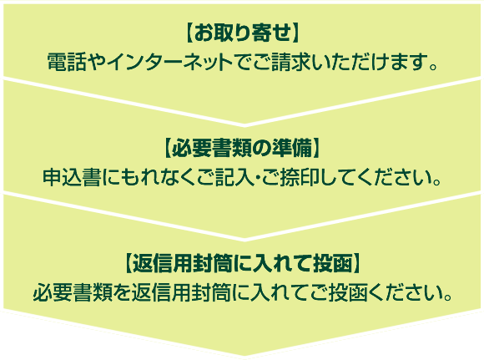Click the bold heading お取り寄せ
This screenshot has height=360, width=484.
242,33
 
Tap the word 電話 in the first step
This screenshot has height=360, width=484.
66,63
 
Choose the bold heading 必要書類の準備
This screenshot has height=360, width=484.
242,149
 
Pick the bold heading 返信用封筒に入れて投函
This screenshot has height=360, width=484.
242,264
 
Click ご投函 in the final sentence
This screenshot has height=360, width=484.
337,292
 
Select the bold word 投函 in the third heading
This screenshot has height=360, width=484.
332,264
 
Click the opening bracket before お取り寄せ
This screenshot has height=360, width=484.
189,33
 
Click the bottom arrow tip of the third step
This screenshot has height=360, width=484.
245,355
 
